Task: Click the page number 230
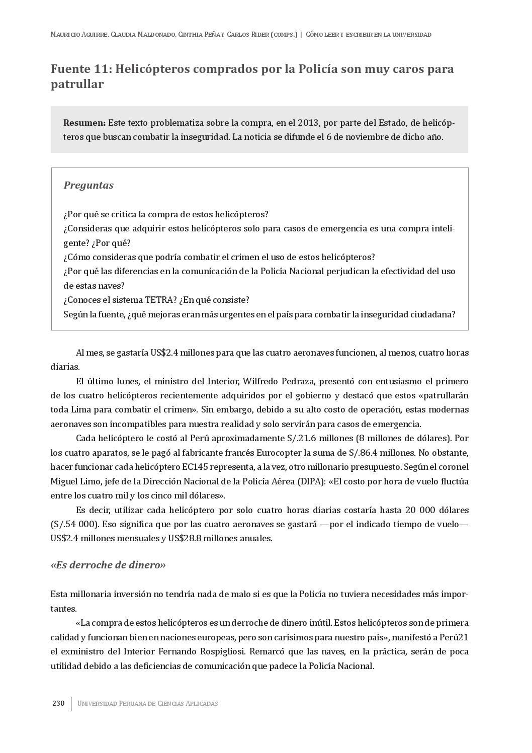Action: pyautogui.click(x=58, y=703)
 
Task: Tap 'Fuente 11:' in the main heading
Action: pyautogui.click(x=81, y=69)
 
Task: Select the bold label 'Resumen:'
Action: pyautogui.click(x=84, y=123)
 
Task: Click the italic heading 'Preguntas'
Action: pyautogui.click(x=88, y=185)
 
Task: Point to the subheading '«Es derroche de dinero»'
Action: pyautogui.click(x=108, y=565)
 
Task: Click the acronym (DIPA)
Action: pyautogui.click(x=311, y=481)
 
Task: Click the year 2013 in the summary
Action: pyautogui.click(x=308, y=123)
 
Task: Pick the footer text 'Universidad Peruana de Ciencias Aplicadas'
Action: pyautogui.click(x=147, y=703)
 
